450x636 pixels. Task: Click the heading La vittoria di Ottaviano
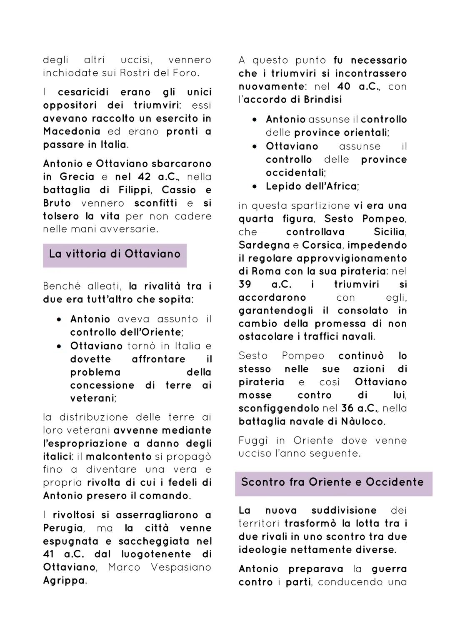click(115, 254)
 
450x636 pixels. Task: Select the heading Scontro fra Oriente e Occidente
click(332, 482)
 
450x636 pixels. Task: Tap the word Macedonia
click(72, 132)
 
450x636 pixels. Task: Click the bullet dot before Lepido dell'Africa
click(255, 186)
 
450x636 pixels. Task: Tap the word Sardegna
click(264, 245)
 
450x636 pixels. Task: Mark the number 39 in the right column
click(245, 285)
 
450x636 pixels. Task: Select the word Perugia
click(62, 529)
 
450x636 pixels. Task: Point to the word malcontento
click(119, 456)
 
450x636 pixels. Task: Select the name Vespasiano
click(181, 568)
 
